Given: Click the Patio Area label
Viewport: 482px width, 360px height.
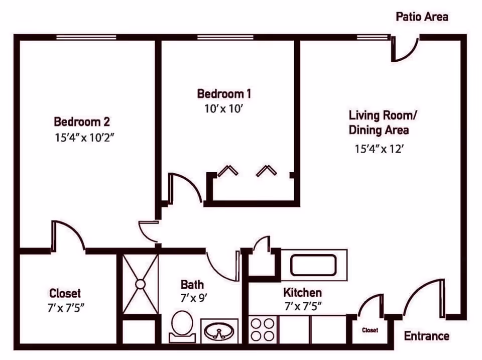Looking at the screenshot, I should (422, 17).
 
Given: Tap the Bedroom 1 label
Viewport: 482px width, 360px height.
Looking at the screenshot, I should (223, 94).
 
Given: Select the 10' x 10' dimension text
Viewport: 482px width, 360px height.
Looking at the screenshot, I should (223, 108).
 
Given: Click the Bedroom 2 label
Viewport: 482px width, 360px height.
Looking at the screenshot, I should (82, 122).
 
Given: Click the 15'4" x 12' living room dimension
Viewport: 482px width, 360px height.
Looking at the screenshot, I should (379, 149).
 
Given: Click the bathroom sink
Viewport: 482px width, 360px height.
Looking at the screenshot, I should (220, 331).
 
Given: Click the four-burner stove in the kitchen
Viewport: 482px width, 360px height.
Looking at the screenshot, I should (263, 329).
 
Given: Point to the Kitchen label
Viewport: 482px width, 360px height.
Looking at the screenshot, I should (302, 293).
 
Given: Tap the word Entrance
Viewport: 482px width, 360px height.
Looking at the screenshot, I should (426, 336).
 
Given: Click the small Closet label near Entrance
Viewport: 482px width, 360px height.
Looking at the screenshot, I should (370, 330).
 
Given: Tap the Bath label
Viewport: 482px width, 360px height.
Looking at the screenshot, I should (192, 285).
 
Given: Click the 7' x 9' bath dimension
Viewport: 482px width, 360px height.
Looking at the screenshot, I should (194, 298).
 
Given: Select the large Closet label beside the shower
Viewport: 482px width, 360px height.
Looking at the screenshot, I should (65, 293).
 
